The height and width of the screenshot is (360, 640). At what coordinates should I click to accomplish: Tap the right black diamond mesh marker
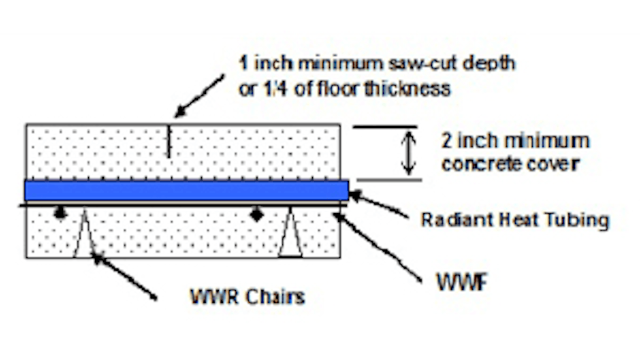coord(256,214)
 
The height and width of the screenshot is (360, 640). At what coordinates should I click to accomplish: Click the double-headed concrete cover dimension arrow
coord(409,152)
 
